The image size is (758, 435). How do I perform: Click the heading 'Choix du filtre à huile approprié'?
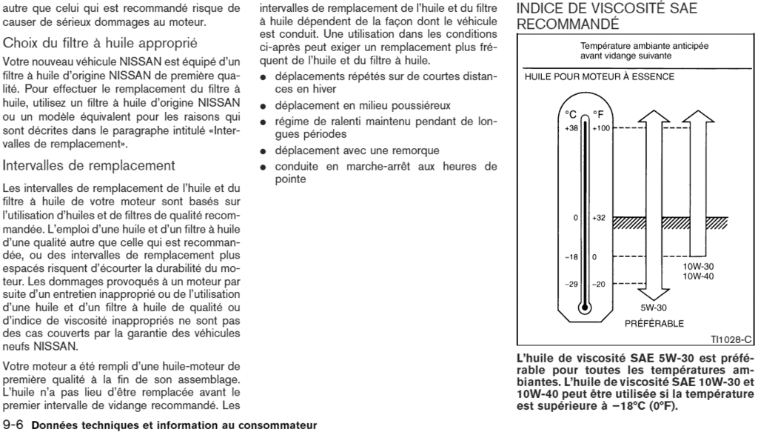coord(100,42)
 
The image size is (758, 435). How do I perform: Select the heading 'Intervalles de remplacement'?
coord(89,165)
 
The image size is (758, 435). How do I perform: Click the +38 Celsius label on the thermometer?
coord(568,127)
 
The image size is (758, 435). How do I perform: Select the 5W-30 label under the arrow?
coord(654,307)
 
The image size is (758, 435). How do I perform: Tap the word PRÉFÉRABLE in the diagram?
coord(654,324)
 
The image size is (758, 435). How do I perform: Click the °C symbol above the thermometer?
coord(571,114)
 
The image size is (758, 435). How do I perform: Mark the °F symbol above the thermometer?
coord(600,114)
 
